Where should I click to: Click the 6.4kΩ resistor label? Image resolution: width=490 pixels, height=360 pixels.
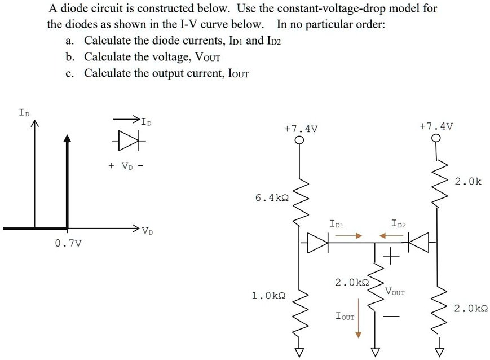[x=271, y=198]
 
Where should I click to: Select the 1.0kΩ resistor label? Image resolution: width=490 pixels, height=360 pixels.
[x=268, y=295]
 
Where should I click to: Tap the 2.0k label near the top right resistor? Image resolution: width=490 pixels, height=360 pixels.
[x=468, y=182]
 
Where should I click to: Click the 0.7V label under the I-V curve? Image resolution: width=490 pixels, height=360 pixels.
[x=68, y=243]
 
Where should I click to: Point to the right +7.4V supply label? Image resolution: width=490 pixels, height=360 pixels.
[x=436, y=125]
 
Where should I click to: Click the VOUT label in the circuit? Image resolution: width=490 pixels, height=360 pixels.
[x=395, y=292]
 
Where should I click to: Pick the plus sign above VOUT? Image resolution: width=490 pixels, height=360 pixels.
[x=390, y=258]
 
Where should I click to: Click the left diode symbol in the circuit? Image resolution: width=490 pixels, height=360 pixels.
[x=319, y=243]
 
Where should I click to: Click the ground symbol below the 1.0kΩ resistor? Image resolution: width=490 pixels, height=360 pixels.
[x=300, y=351]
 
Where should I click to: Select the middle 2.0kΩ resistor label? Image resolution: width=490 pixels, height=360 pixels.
[x=351, y=282]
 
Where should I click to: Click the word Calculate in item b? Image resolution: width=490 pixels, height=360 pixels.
[x=107, y=57]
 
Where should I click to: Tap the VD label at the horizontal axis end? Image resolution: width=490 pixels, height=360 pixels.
[x=147, y=230]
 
